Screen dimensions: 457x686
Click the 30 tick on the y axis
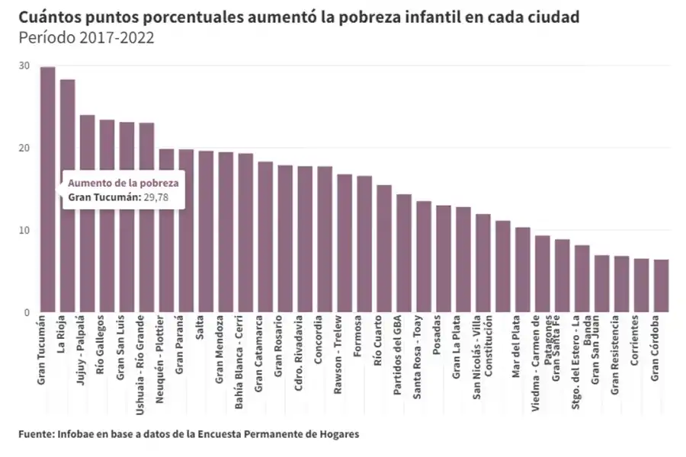point(24,66)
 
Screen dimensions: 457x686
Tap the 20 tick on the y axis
point(24,148)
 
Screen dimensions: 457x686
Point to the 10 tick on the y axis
point(24,230)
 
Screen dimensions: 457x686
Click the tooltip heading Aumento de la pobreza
point(123,183)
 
